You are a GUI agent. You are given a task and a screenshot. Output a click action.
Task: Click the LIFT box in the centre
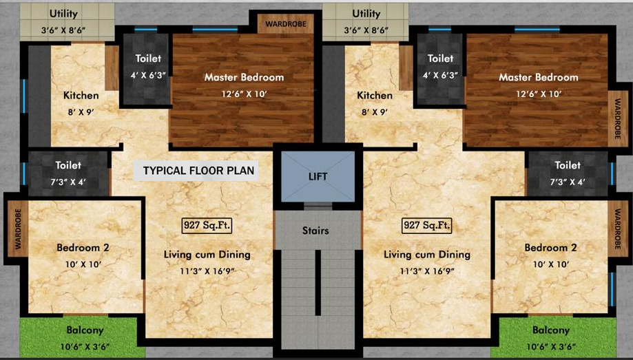[318, 176]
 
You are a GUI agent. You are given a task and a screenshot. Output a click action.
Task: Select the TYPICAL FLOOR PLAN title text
[198, 170]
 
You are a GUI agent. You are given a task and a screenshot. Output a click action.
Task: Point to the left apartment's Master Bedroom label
[244, 77]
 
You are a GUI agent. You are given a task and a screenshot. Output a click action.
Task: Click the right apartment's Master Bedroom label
[538, 77]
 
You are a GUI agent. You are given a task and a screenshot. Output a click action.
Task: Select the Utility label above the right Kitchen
[366, 14]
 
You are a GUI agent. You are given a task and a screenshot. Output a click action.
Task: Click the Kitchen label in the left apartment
[81, 96]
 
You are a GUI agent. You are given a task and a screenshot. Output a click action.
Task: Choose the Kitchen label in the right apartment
[375, 96]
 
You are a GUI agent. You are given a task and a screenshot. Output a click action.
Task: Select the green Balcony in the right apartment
[550, 337]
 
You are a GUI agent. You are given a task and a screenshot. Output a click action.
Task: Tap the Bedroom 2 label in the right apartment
[550, 248]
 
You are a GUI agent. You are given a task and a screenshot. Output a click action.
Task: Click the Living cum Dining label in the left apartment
[207, 255]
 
